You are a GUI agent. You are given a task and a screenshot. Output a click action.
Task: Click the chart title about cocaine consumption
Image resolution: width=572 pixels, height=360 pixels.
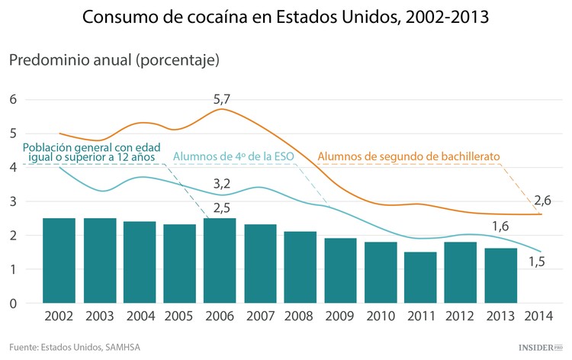click(x=286, y=17)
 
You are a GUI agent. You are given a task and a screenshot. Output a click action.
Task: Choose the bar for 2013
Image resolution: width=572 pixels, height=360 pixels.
click(x=501, y=275)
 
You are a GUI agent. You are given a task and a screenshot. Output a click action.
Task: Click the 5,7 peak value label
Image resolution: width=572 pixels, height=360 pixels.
click(x=222, y=99)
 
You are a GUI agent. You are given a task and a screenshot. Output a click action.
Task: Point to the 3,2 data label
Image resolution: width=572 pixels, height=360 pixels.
click(x=221, y=184)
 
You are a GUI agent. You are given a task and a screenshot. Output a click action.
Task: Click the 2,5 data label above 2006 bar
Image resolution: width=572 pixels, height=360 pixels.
click(x=222, y=207)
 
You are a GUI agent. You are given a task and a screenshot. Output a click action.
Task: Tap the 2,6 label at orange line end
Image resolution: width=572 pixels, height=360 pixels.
click(x=542, y=201)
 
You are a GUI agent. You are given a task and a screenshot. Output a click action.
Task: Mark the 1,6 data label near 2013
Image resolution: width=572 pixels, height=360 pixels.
click(x=500, y=226)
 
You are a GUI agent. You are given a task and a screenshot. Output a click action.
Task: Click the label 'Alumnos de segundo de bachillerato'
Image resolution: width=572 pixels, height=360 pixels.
click(x=408, y=156)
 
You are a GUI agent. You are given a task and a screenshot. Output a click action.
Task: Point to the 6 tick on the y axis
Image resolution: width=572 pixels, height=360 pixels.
click(x=13, y=99)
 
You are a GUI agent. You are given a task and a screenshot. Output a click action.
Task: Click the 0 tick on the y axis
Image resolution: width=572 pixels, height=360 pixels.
click(x=13, y=304)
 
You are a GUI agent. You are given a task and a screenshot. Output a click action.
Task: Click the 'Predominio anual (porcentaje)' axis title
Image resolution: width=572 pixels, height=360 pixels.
click(x=114, y=59)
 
